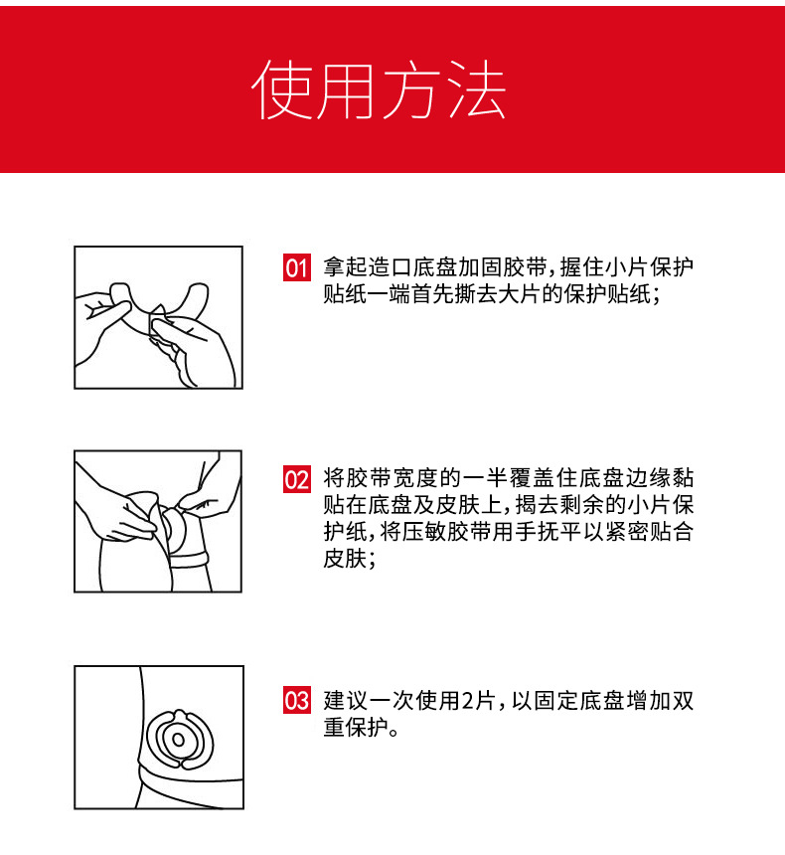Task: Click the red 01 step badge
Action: pos(296,267)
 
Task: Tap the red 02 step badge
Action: pos(296,479)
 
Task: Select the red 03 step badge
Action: pos(296,700)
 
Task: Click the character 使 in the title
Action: pos(282,88)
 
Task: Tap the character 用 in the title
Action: pos(347,88)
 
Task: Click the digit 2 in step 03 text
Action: pos(468,701)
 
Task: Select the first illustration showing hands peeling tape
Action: pos(158,317)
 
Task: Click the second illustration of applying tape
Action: pos(158,521)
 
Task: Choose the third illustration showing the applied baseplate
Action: pos(159,738)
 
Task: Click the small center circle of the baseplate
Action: pos(178,740)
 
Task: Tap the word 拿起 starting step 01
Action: pos(345,267)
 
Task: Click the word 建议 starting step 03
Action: pos(345,701)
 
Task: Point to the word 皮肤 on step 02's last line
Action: pos(345,559)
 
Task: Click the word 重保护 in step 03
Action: pos(356,728)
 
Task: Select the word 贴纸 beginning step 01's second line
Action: pos(345,294)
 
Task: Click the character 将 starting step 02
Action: pos(334,478)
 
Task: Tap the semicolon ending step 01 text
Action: pos(656,296)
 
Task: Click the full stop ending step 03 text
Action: pos(394,733)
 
